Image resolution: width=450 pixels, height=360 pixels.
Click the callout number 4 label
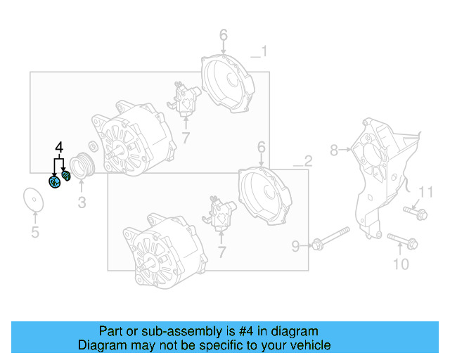(x=59, y=148)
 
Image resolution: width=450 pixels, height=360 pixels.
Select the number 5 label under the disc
(x=34, y=233)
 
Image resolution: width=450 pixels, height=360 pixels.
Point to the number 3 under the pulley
(x=82, y=203)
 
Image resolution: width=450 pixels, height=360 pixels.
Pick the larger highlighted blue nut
(x=53, y=182)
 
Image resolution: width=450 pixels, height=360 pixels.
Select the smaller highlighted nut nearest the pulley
(x=67, y=175)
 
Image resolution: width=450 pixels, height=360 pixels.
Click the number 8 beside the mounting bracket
(x=335, y=150)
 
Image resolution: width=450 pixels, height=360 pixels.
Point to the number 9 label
(x=296, y=245)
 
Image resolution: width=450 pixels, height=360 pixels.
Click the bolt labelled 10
(x=401, y=241)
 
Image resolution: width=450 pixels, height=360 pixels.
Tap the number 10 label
(x=400, y=264)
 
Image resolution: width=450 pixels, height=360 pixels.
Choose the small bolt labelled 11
(x=416, y=212)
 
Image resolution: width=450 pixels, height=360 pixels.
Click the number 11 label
(x=427, y=192)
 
